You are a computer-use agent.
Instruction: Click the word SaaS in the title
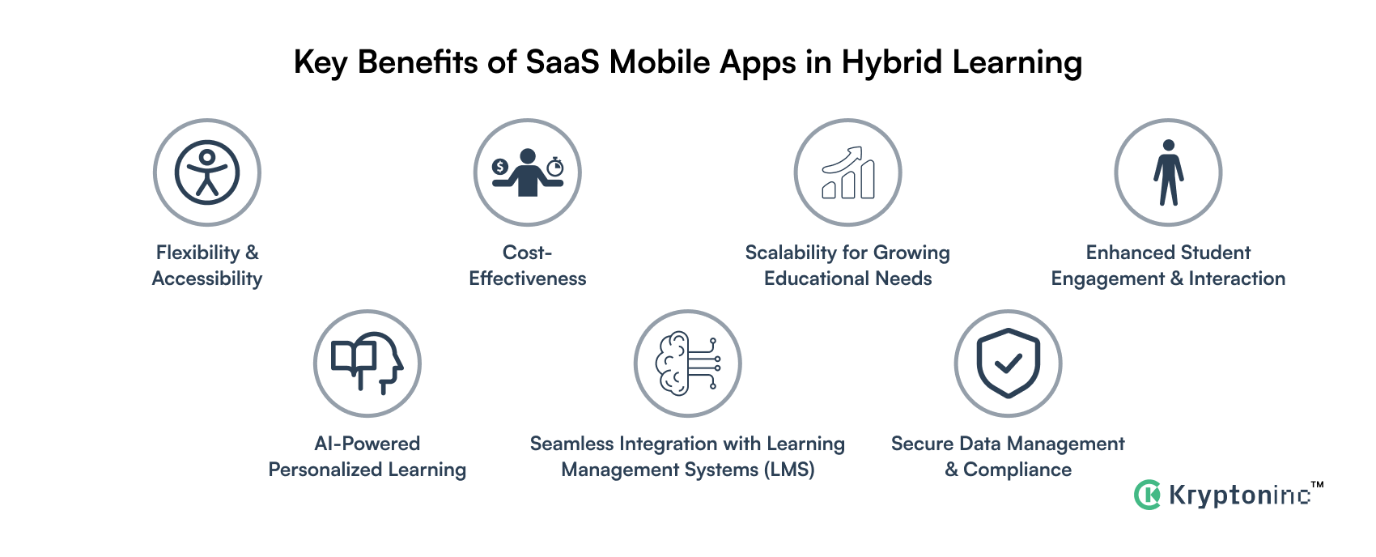tap(563, 62)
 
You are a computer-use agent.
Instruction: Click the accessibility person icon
tap(207, 172)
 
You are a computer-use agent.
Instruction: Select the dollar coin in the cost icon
tap(500, 167)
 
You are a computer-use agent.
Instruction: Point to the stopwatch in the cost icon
tap(555, 167)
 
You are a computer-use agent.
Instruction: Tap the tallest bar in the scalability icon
tap(868, 179)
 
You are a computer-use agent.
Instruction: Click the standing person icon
tap(1168, 172)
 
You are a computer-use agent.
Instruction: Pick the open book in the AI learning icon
tap(354, 357)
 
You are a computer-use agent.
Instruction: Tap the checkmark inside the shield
tap(1008, 364)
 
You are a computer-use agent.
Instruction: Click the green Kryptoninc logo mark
tap(1148, 495)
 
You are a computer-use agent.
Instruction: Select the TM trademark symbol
tap(1317, 485)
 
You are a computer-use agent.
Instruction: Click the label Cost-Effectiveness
tap(528, 266)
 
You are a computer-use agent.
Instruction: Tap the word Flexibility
tap(197, 253)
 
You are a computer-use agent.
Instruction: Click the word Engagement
tap(1107, 279)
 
